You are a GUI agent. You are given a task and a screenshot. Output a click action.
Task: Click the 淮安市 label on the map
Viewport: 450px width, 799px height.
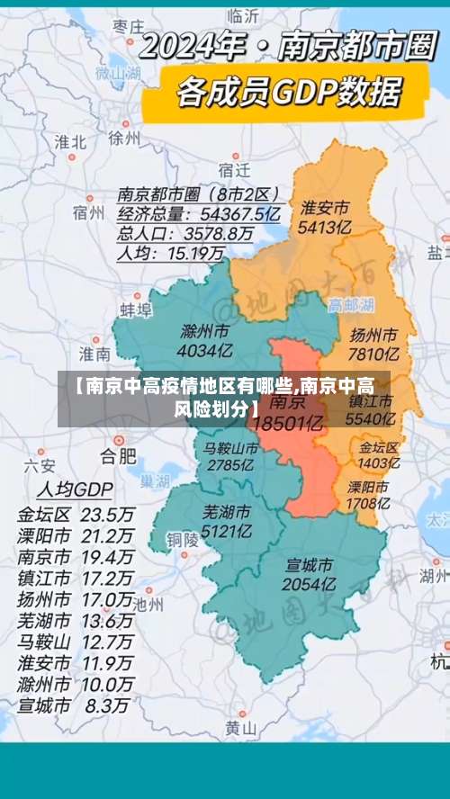pyautogui.click(x=325, y=208)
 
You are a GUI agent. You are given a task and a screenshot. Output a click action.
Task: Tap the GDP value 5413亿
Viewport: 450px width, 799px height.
pyautogui.click(x=325, y=228)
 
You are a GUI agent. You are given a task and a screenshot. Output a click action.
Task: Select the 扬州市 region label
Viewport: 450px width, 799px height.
pyautogui.click(x=373, y=334)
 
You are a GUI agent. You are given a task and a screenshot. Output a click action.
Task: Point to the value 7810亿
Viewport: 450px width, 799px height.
pyautogui.click(x=373, y=353)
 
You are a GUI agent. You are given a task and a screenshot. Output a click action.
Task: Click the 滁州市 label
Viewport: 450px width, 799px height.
pyautogui.click(x=203, y=330)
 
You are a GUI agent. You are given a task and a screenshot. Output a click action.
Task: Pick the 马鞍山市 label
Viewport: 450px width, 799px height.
pyautogui.click(x=231, y=447)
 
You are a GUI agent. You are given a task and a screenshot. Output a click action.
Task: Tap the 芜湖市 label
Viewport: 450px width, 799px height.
pyautogui.click(x=227, y=512)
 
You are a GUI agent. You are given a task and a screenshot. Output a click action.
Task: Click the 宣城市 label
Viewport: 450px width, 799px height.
pyautogui.click(x=309, y=565)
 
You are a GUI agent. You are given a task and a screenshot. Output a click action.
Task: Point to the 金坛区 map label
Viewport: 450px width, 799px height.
pyautogui.click(x=378, y=446)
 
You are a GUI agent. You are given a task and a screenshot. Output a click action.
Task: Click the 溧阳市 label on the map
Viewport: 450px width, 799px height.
pyautogui.click(x=368, y=487)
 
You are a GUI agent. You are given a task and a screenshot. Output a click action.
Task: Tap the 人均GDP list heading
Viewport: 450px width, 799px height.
pyautogui.click(x=74, y=489)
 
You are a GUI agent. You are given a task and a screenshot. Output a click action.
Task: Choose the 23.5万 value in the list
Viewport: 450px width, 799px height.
pyautogui.click(x=107, y=516)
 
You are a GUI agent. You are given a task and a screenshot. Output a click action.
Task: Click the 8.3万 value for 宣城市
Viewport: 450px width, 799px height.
pyautogui.click(x=107, y=681)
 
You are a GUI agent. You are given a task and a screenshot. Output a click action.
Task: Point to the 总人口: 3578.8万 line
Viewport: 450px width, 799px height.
pyautogui.click(x=184, y=234)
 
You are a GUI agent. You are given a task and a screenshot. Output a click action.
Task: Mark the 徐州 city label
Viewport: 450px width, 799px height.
pyautogui.click(x=124, y=138)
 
